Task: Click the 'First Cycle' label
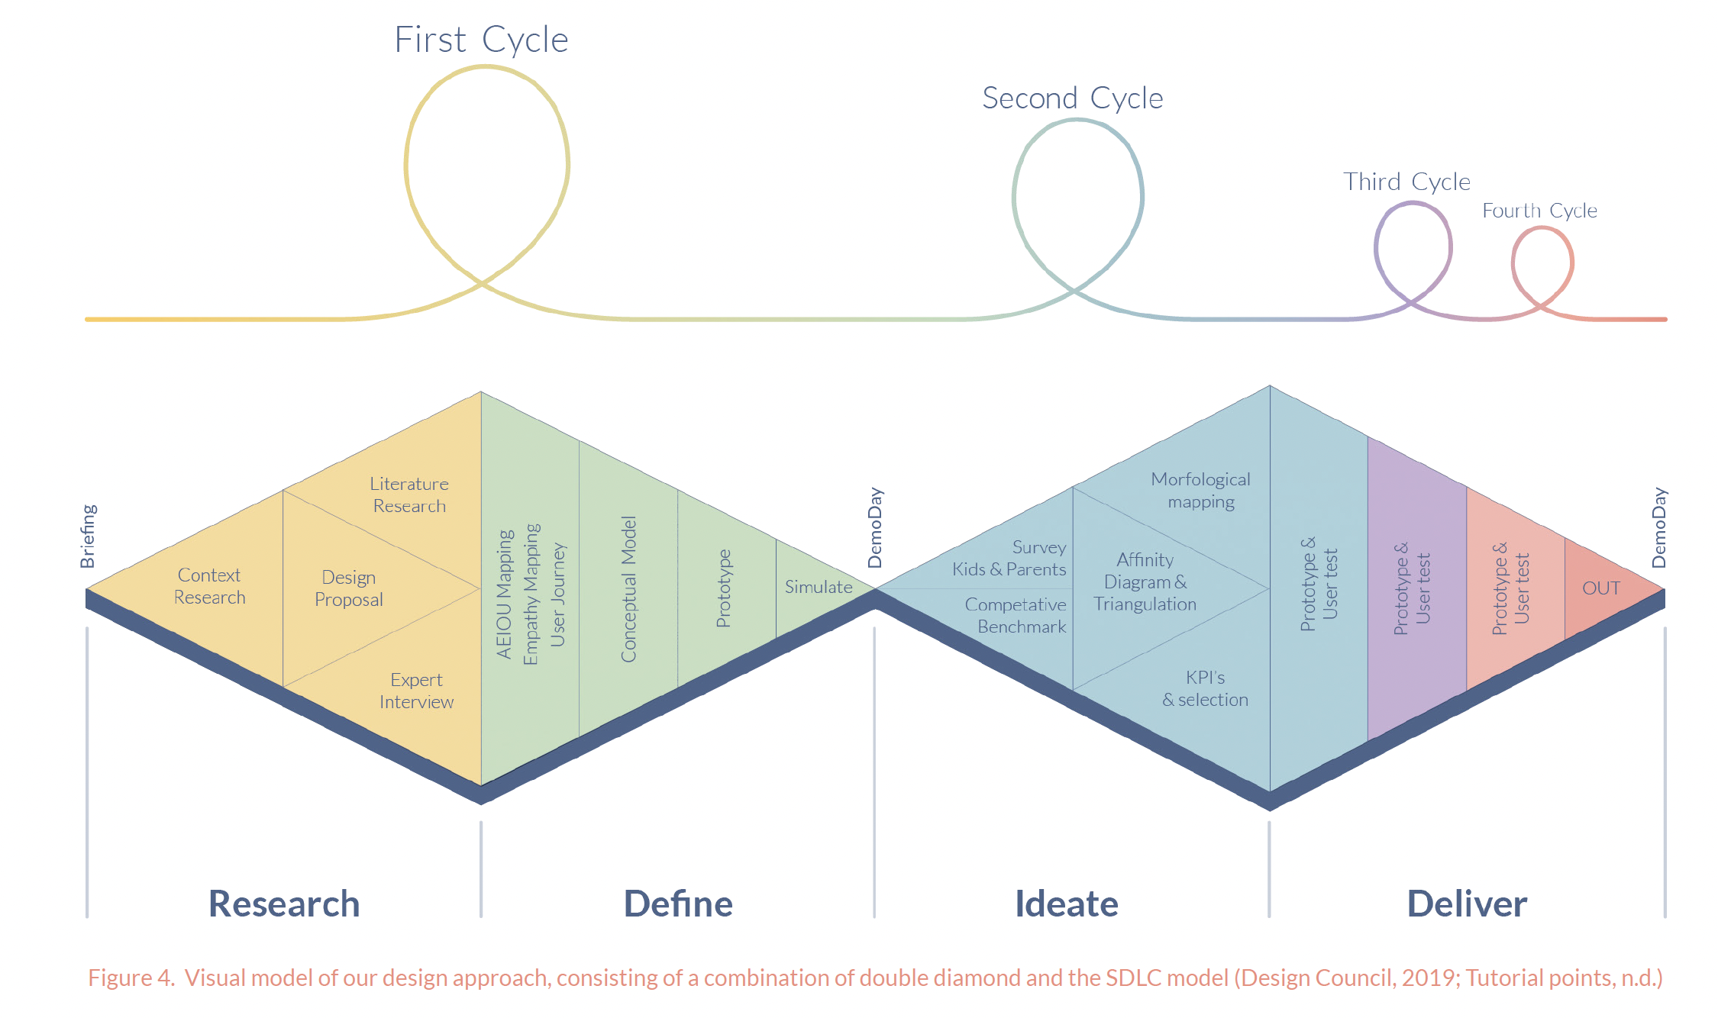[481, 40]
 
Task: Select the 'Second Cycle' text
[1072, 98]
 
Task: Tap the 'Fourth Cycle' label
[1539, 211]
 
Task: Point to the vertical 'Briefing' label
[89, 536]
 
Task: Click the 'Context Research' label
[209, 586]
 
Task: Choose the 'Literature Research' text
[409, 495]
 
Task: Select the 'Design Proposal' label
[349, 588]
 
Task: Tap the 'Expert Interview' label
[416, 691]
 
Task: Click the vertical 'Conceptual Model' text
[628, 589]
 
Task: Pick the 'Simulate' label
[819, 587]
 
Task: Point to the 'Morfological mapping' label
[1200, 490]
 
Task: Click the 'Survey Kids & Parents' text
[1009, 558]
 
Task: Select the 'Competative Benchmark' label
[1016, 615]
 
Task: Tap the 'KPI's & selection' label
[1205, 688]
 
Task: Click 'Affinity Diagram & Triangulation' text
[1145, 581]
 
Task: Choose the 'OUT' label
[1601, 588]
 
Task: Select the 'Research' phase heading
[284, 904]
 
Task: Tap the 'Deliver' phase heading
[1467, 904]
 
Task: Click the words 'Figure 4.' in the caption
[131, 978]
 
